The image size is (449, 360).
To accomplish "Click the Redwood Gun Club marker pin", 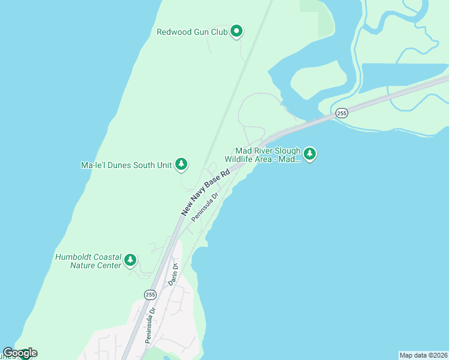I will [237, 31].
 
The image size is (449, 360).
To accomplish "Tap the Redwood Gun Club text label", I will [192, 32].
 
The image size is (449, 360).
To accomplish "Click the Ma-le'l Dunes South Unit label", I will [126, 164].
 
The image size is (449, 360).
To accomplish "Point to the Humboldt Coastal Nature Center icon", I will [130, 260].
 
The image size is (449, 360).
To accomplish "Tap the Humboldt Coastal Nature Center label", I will [88, 260].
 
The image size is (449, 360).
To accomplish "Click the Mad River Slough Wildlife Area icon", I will [310, 154].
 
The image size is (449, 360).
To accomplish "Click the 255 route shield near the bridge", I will [342, 113].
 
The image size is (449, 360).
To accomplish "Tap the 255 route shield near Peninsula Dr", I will [150, 294].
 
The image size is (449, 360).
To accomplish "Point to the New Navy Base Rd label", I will [206, 193].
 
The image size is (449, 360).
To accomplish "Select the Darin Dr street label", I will [174, 273].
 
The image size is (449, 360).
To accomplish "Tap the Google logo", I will [19, 353].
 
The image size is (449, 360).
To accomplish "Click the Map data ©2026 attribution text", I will [423, 355].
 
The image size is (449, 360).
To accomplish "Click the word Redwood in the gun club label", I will [173, 32].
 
